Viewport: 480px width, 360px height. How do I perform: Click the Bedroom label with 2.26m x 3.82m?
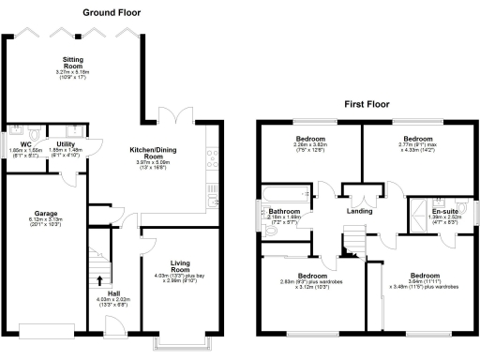[310, 137]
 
